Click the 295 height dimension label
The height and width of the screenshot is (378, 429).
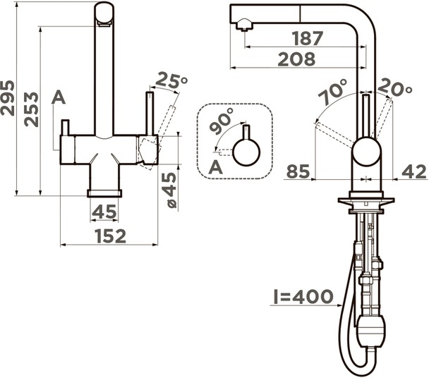7,97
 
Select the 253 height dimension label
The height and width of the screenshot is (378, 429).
31,109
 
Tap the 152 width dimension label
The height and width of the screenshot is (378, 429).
111,236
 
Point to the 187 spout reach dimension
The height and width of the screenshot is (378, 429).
308,38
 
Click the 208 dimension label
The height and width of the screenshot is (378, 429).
296,59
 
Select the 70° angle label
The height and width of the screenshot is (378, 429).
333,92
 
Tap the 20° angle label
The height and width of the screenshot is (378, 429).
394,87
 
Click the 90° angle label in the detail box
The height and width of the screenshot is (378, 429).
222,121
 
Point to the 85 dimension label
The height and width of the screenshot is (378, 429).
298,172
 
